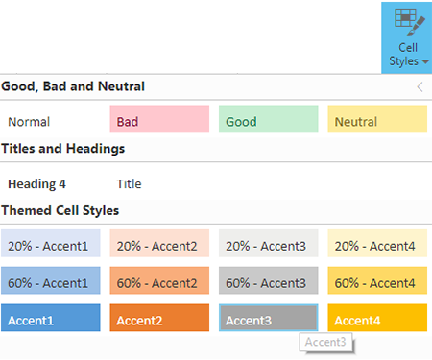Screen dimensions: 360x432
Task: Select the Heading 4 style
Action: tap(36, 182)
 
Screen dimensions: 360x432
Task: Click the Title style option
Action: tap(129, 182)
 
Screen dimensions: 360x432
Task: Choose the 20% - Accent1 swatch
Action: tap(49, 246)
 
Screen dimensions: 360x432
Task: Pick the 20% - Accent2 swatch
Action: tap(158, 246)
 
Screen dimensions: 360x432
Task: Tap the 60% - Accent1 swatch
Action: tap(49, 283)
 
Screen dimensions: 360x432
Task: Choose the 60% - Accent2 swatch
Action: tap(158, 283)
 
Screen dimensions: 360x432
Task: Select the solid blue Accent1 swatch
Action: tap(49, 320)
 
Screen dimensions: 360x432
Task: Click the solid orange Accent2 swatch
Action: tap(158, 320)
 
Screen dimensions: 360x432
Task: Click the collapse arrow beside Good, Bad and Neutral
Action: tap(419, 86)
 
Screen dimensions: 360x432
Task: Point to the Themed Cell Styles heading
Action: tap(60, 210)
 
